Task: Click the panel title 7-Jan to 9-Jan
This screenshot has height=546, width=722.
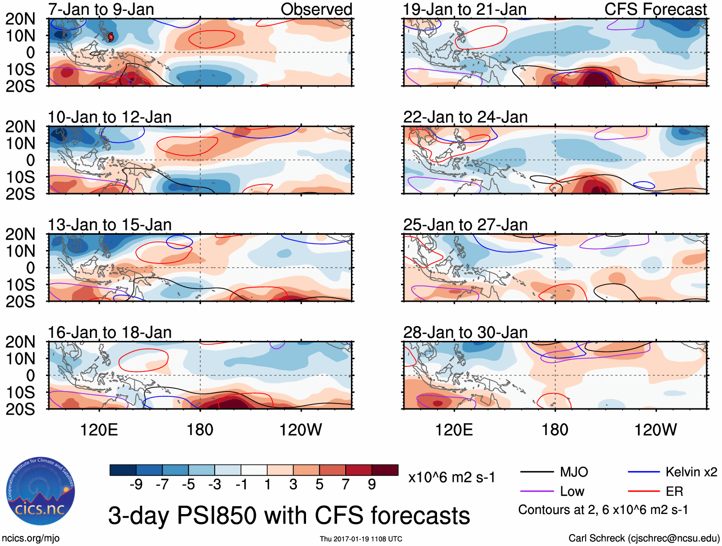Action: coord(101,9)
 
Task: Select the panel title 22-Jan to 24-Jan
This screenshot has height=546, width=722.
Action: coord(465,117)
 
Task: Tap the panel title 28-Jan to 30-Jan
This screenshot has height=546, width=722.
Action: coord(465,332)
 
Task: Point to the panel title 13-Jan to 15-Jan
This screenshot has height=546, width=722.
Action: coord(109,225)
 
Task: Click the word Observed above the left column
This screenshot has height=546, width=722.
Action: coord(316,9)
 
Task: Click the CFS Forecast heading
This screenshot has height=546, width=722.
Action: coord(655,9)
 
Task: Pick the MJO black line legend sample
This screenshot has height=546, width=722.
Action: coord(536,472)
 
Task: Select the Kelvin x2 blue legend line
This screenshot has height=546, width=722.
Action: coord(644,472)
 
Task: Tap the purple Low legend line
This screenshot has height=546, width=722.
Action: coord(536,491)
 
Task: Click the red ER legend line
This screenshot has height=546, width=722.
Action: coord(644,491)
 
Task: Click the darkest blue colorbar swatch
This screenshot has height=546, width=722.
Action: coord(123,470)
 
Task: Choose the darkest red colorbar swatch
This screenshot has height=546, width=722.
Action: coord(385,470)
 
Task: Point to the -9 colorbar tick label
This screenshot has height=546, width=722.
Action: coord(136,485)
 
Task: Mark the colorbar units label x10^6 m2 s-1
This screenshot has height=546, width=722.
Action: coord(451,477)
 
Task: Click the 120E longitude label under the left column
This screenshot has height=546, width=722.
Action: coord(99,430)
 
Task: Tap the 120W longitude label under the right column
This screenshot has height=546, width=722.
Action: coord(655,430)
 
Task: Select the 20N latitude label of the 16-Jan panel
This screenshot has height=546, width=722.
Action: coord(20,342)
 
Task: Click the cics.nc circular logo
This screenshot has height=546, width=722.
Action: coord(41,491)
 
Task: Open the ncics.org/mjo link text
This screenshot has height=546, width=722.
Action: coord(31,538)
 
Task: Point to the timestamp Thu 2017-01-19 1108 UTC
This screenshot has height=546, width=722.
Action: coord(361,539)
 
